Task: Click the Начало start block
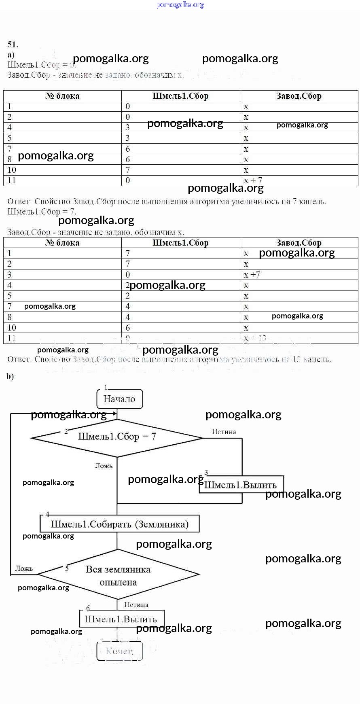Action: (x=119, y=399)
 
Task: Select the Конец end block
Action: (x=119, y=651)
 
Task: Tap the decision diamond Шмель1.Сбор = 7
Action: (x=116, y=437)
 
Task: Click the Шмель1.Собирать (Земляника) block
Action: (x=119, y=524)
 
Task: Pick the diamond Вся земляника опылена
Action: (x=118, y=575)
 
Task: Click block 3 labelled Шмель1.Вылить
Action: (x=241, y=485)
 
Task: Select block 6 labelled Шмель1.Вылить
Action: (x=121, y=619)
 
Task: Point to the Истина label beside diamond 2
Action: (x=224, y=432)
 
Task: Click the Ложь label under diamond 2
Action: (x=104, y=466)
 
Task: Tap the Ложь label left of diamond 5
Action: (x=24, y=568)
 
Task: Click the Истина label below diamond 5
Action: (x=136, y=605)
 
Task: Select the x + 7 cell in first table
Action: (x=253, y=180)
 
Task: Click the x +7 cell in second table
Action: (x=252, y=275)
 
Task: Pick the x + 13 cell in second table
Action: (x=255, y=338)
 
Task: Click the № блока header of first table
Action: (x=62, y=96)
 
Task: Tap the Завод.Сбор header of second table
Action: (x=299, y=243)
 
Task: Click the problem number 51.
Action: (x=13, y=45)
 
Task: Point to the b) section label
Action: (x=10, y=376)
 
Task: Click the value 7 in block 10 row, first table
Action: (x=128, y=170)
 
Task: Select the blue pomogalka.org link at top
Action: (x=180, y=5)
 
